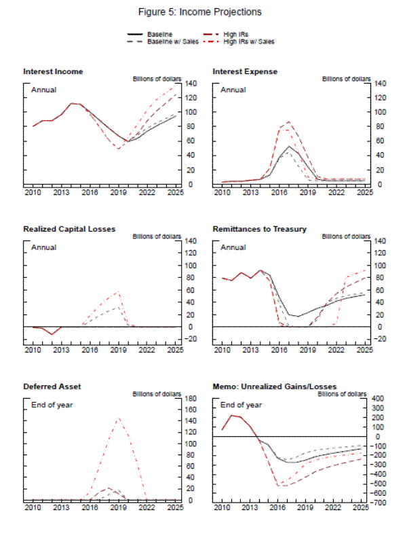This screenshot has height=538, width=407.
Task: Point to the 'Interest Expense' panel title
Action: click(x=245, y=71)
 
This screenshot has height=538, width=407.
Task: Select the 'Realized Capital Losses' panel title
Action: click(x=69, y=229)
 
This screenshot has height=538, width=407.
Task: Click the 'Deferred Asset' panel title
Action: click(x=52, y=386)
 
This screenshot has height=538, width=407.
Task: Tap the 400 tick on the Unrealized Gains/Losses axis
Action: click(x=380, y=398)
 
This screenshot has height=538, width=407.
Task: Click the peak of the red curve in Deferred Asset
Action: click(x=119, y=418)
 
